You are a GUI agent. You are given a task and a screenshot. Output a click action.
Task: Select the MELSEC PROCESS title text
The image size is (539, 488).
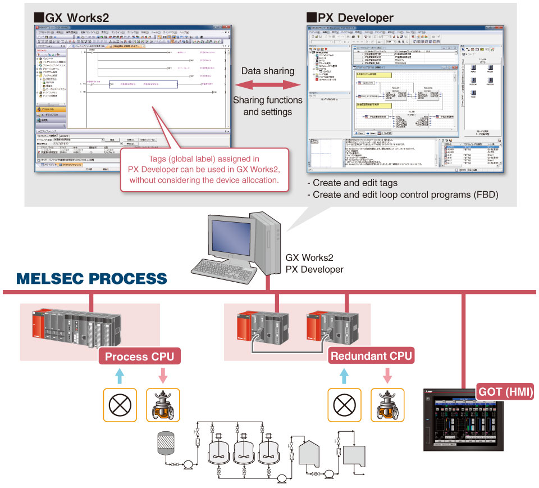(92, 279)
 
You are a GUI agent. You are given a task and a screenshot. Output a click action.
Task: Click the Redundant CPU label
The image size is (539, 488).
(371, 356)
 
